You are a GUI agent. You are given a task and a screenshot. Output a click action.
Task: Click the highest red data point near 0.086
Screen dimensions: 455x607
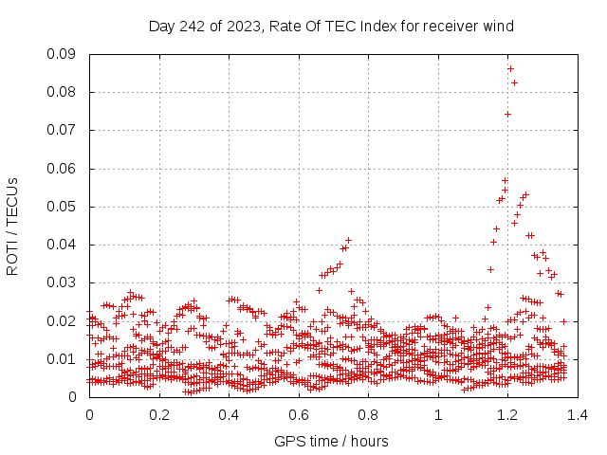tap(510, 68)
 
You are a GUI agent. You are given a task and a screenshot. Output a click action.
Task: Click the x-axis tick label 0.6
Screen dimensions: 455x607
tap(299, 414)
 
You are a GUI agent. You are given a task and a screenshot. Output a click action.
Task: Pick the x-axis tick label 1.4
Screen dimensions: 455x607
tap(578, 414)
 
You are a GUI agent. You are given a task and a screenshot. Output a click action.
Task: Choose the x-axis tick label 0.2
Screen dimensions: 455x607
tap(159, 414)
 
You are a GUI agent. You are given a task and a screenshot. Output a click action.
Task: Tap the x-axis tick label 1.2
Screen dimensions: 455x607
tap(508, 414)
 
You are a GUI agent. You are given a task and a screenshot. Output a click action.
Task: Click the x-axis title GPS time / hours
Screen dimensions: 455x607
tap(331, 441)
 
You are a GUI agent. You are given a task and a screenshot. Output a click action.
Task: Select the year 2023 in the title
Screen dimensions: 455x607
tap(244, 27)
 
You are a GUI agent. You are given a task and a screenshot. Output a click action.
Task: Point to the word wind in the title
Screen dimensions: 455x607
tap(498, 27)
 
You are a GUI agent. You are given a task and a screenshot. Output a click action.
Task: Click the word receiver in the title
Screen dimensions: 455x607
tap(447, 27)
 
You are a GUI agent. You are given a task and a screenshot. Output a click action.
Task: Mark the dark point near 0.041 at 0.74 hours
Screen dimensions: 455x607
tap(348, 240)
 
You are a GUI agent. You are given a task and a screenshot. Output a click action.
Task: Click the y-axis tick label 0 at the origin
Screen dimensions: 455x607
tap(73, 396)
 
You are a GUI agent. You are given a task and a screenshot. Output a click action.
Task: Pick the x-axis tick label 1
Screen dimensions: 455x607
tap(438, 414)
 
